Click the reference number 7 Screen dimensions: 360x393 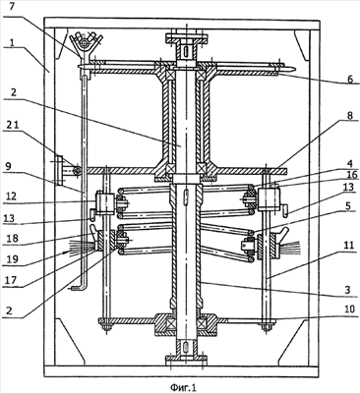tap(12, 7)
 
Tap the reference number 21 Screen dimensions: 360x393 tap(13, 124)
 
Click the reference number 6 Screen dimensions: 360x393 tap(350, 80)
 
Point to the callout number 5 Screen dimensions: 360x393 tap(348, 205)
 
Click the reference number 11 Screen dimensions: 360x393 tap(349, 245)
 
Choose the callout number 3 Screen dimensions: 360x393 tap(348, 290)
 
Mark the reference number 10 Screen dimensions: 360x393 tap(350, 309)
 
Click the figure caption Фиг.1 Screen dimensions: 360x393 tap(183, 387)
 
